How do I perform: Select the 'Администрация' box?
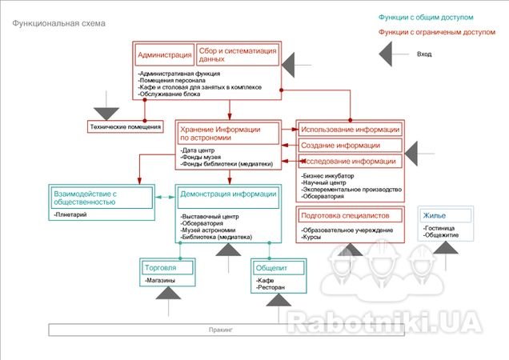click(164, 55)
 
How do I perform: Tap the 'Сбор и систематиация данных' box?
click(237, 54)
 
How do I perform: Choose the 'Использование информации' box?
click(351, 130)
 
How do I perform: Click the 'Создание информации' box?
click(351, 146)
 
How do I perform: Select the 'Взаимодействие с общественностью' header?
click(100, 198)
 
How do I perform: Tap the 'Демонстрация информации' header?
click(228, 194)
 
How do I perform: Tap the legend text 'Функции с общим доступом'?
click(438, 17)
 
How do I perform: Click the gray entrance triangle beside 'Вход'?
click(394, 54)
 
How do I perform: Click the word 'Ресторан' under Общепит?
click(273, 286)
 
